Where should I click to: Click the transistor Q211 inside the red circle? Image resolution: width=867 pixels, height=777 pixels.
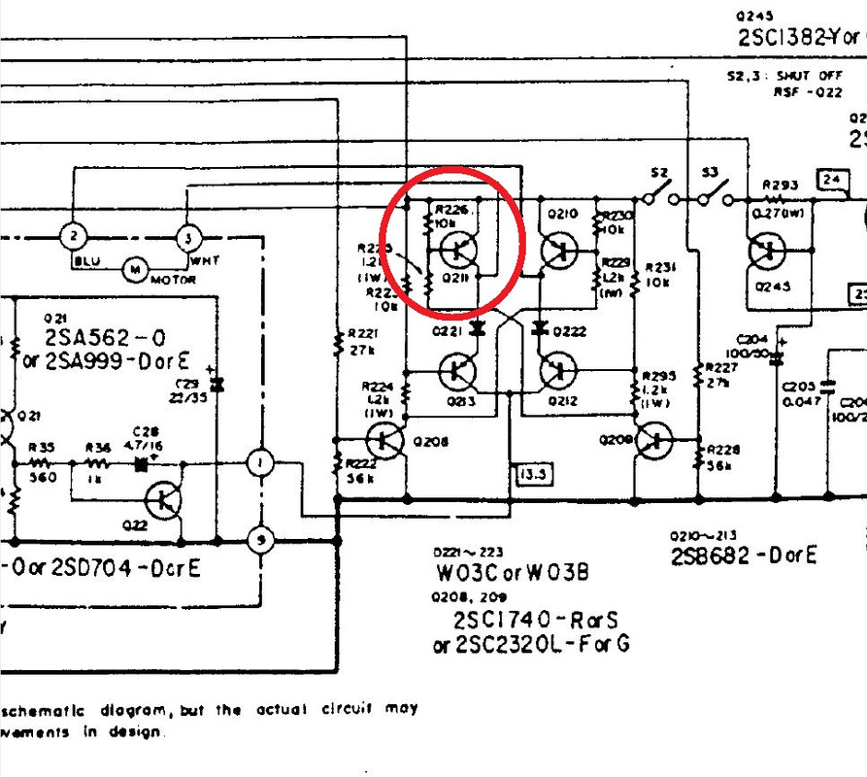457,250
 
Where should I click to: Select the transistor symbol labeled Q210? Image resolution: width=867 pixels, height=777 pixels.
557,251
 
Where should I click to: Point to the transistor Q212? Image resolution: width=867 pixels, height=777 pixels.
557,370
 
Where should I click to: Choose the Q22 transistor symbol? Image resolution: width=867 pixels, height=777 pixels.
163,500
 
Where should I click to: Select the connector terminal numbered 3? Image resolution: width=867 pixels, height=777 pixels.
186,236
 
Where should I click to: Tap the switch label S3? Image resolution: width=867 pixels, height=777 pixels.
711,174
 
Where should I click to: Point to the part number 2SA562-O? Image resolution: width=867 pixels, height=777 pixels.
105,338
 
